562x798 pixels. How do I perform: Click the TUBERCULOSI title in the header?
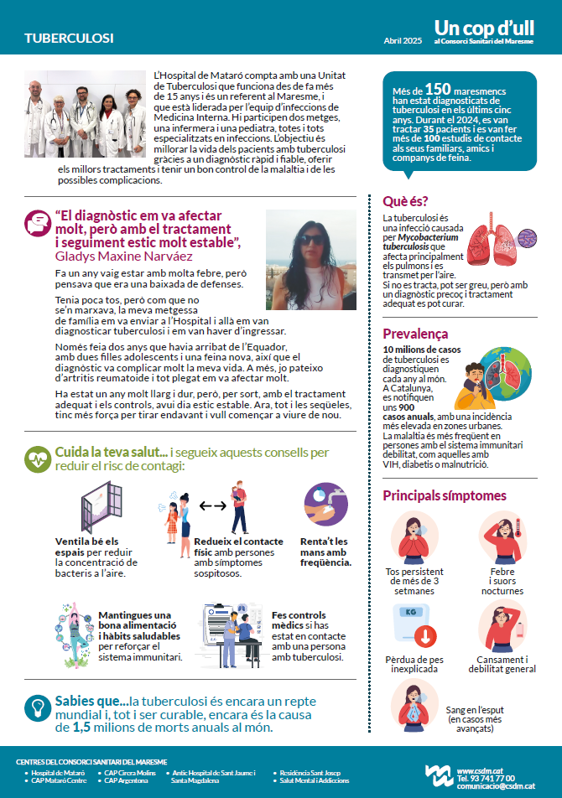pyautogui.click(x=69, y=39)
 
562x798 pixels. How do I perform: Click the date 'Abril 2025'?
pyautogui.click(x=403, y=40)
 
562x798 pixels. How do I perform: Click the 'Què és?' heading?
pyautogui.click(x=405, y=201)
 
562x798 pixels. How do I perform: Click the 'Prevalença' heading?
pyautogui.click(x=415, y=334)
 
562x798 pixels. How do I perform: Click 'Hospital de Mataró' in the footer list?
pyautogui.click(x=59, y=772)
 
